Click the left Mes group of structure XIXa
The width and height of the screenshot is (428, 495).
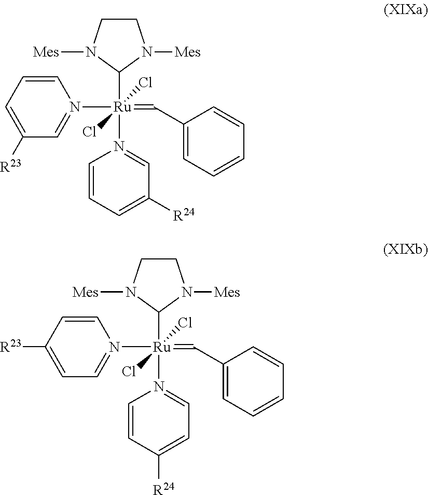47,52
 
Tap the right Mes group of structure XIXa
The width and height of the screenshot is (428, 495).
188,52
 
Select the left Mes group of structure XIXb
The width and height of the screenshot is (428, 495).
86,292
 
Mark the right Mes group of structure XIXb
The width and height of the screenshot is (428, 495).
227,292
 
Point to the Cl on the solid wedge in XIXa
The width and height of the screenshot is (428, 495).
90,132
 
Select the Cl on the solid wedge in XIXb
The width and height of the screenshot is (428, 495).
130,372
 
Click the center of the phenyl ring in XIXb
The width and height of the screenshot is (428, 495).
254,380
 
